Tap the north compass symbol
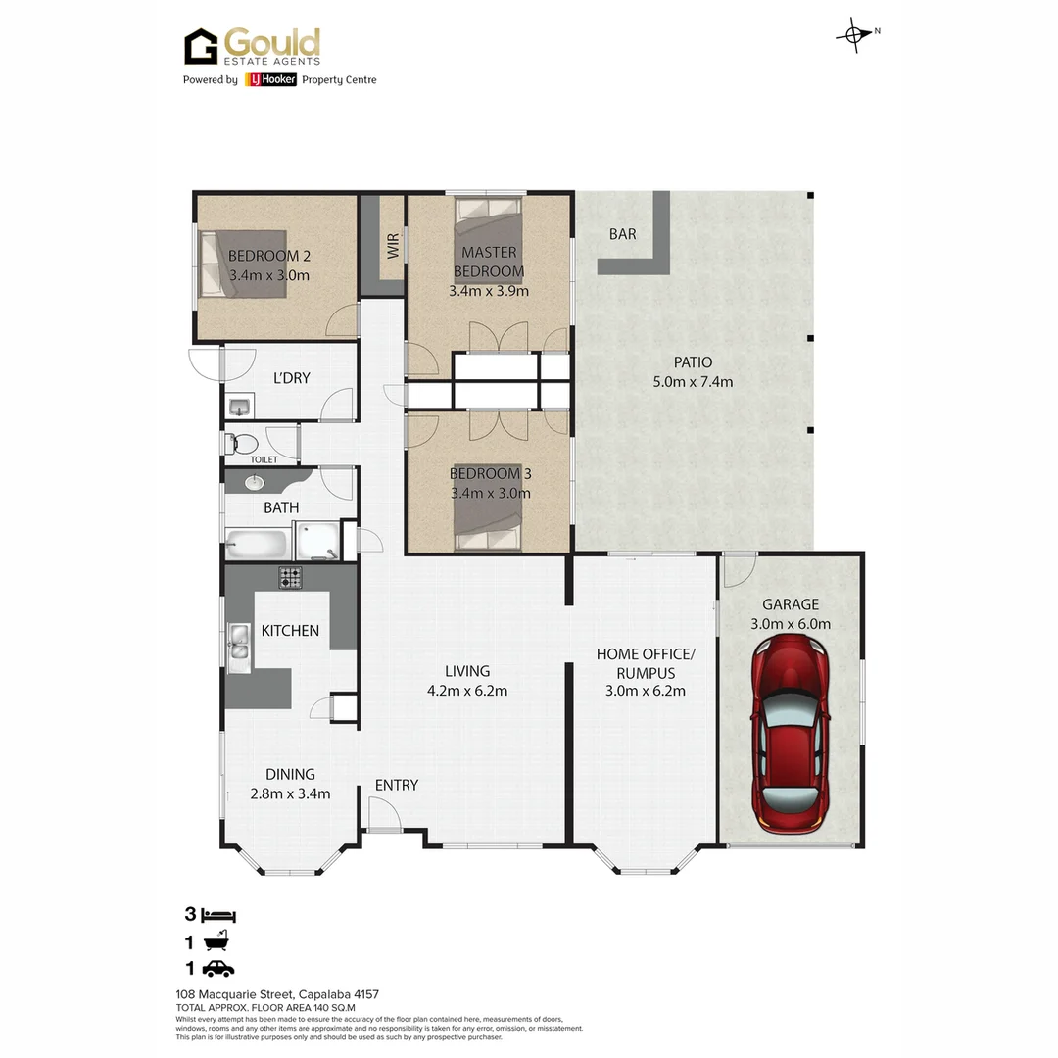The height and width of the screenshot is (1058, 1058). coord(854,35)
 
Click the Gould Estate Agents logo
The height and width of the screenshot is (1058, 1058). coord(253,47)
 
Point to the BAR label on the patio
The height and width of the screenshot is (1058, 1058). coord(622,234)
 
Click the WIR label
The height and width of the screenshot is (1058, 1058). coord(393,245)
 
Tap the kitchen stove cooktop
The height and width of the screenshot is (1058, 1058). coord(290,578)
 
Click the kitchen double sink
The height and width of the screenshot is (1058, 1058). coord(239,647)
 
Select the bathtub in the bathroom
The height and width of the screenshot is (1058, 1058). coord(258,542)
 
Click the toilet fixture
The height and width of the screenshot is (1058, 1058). coord(240,444)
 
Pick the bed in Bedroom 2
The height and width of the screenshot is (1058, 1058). coord(243,264)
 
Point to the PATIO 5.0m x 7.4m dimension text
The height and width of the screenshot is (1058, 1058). coord(693,372)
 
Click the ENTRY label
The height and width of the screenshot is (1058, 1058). coord(397,785)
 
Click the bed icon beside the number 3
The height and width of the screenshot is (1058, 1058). coord(218,916)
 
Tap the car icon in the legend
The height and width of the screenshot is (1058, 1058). coord(218,969)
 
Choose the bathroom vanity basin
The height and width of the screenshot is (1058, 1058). coord(254,481)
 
